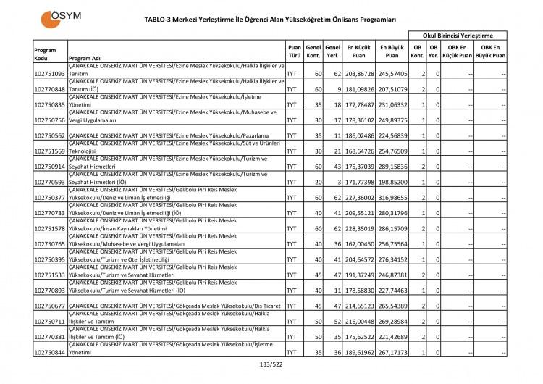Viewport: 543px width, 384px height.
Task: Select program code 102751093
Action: (x=50, y=74)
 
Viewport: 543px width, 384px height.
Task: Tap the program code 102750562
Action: (x=50, y=135)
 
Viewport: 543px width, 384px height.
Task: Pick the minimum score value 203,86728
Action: (x=359, y=74)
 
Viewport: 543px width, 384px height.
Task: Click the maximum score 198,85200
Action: (x=392, y=182)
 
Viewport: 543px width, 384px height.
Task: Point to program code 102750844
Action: (x=50, y=353)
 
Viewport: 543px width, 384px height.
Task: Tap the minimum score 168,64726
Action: (x=359, y=151)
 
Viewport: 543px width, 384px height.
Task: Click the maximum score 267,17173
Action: (x=392, y=353)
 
